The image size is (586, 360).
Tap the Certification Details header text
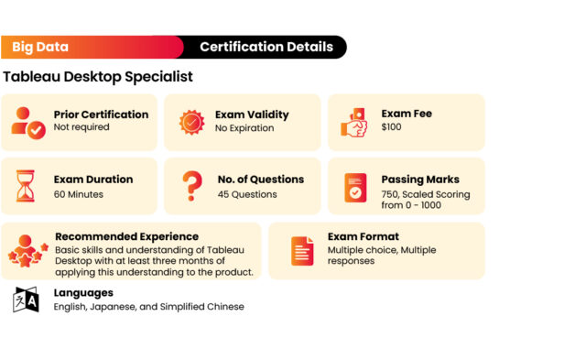tap(266, 47)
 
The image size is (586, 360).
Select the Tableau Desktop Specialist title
tap(98, 77)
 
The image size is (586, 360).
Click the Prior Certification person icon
tap(27, 122)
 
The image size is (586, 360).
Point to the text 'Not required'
tap(81, 127)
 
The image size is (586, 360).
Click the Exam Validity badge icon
tap(192, 122)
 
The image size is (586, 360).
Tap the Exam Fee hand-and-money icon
tap(355, 121)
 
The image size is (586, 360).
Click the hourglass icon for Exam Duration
tap(26, 186)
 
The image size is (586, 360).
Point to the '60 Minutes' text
tap(79, 194)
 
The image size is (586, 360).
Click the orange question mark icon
tap(191, 186)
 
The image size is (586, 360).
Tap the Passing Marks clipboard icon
tap(355, 187)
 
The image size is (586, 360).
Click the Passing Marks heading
tap(420, 180)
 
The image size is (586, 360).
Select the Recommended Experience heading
tap(126, 236)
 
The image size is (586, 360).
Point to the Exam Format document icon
tap(302, 251)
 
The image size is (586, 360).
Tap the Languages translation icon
tap(26, 300)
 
